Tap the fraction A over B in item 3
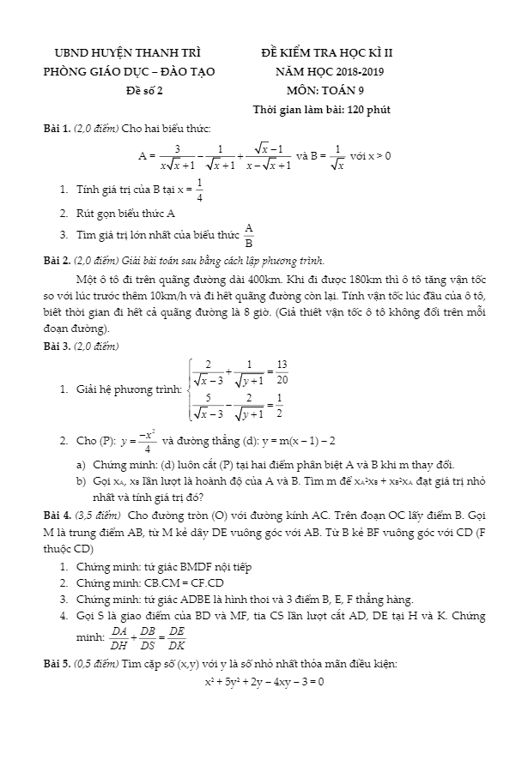[x=249, y=234]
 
